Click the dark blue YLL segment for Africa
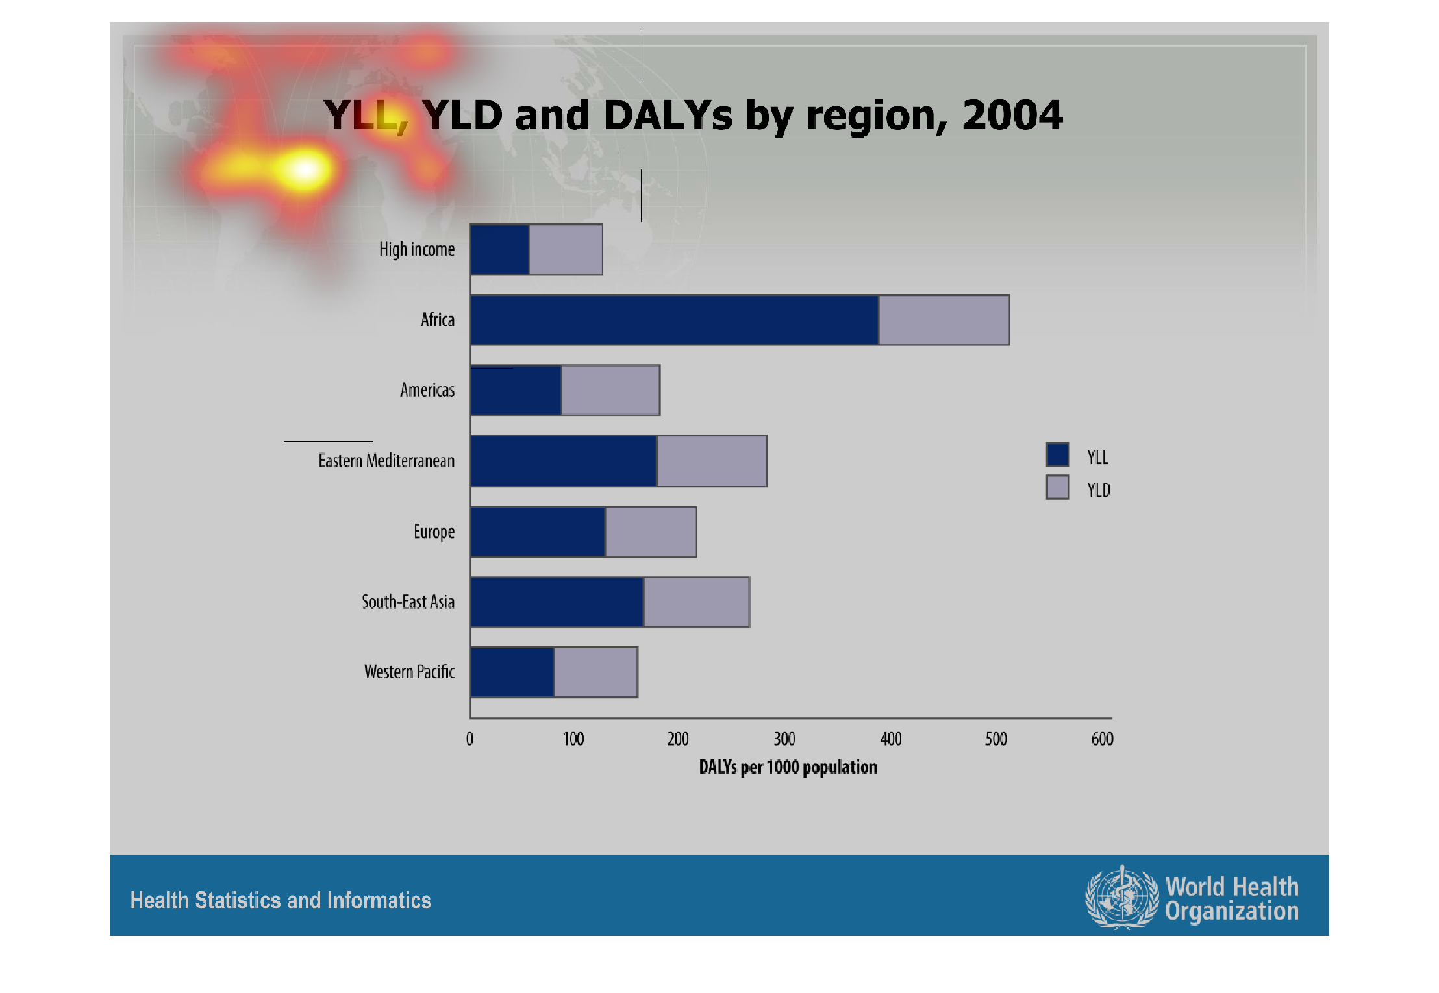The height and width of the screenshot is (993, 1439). click(x=674, y=320)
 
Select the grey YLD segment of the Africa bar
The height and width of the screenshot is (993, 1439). click(x=944, y=320)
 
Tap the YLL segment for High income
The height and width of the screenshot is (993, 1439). click(x=499, y=249)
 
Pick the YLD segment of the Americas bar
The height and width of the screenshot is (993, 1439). click(x=610, y=390)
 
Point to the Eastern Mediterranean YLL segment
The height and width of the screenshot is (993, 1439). click(x=563, y=461)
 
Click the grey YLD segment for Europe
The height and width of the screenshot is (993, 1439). click(x=651, y=532)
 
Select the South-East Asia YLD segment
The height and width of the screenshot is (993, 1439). click(x=696, y=602)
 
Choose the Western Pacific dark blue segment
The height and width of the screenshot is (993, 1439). click(x=512, y=672)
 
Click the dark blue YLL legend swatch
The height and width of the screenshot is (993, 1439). click(x=1057, y=454)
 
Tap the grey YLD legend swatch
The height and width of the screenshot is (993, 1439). click(x=1057, y=487)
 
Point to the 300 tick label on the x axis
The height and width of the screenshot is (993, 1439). click(x=784, y=739)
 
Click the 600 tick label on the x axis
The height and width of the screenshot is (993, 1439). click(x=1102, y=739)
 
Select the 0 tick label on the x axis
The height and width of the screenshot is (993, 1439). click(x=469, y=739)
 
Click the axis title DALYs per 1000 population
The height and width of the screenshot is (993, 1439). click(x=788, y=767)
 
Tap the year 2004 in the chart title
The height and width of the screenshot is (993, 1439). click(x=1012, y=116)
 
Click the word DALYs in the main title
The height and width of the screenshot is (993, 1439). click(x=668, y=116)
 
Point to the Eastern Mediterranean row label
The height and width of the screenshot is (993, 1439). click(x=386, y=461)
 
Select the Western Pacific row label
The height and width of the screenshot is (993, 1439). click(x=409, y=672)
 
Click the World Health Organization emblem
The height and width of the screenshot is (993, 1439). click(x=1121, y=898)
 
